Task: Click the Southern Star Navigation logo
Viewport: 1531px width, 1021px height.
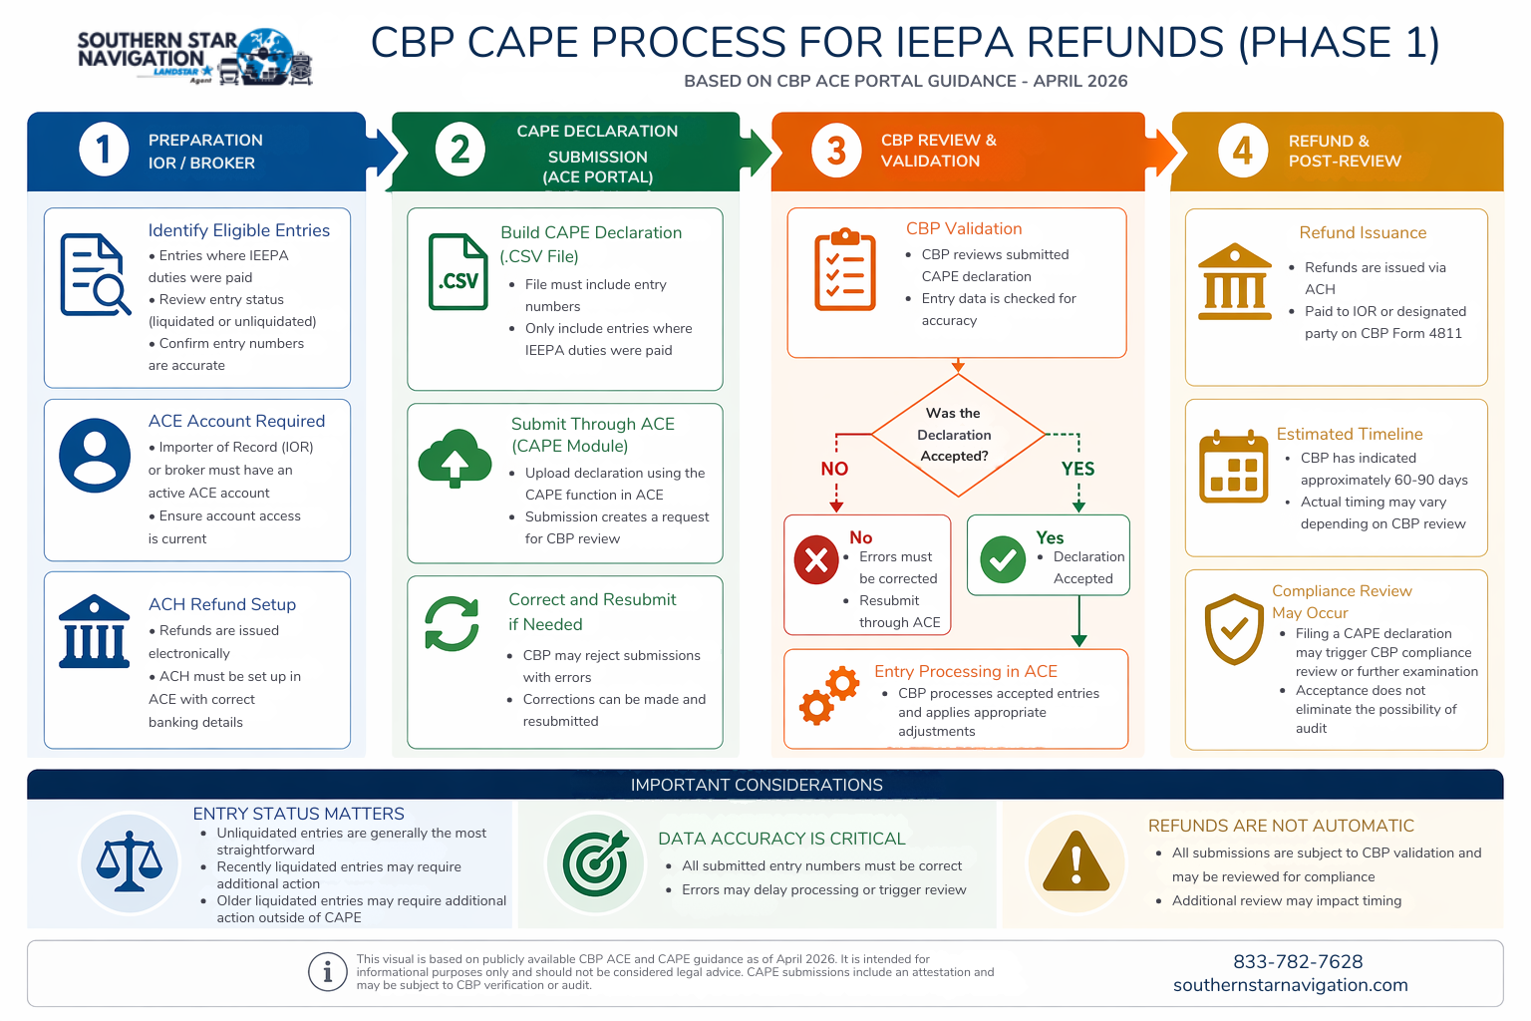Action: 195,56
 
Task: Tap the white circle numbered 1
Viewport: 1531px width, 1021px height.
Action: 104,150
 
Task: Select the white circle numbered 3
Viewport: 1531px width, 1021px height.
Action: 836,151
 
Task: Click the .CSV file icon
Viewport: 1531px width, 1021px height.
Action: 458,272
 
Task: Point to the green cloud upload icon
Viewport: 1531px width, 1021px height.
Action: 455,458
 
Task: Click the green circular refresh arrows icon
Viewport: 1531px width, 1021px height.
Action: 452,624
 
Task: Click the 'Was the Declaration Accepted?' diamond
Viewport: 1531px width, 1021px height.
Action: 958,435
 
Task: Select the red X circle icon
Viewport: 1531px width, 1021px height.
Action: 816,559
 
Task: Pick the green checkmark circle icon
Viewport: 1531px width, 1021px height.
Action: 1003,559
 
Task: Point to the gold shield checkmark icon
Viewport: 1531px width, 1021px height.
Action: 1234,629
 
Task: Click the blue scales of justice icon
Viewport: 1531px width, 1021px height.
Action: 130,862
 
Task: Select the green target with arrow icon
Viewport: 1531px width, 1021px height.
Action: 595,863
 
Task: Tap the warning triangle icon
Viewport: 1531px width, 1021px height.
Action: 1075,862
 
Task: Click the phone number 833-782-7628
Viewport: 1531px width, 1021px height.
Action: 1298,961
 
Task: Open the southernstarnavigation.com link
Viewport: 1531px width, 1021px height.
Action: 1290,985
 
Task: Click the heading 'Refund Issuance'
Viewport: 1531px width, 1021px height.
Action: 1363,232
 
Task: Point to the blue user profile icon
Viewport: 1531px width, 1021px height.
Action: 95,456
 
